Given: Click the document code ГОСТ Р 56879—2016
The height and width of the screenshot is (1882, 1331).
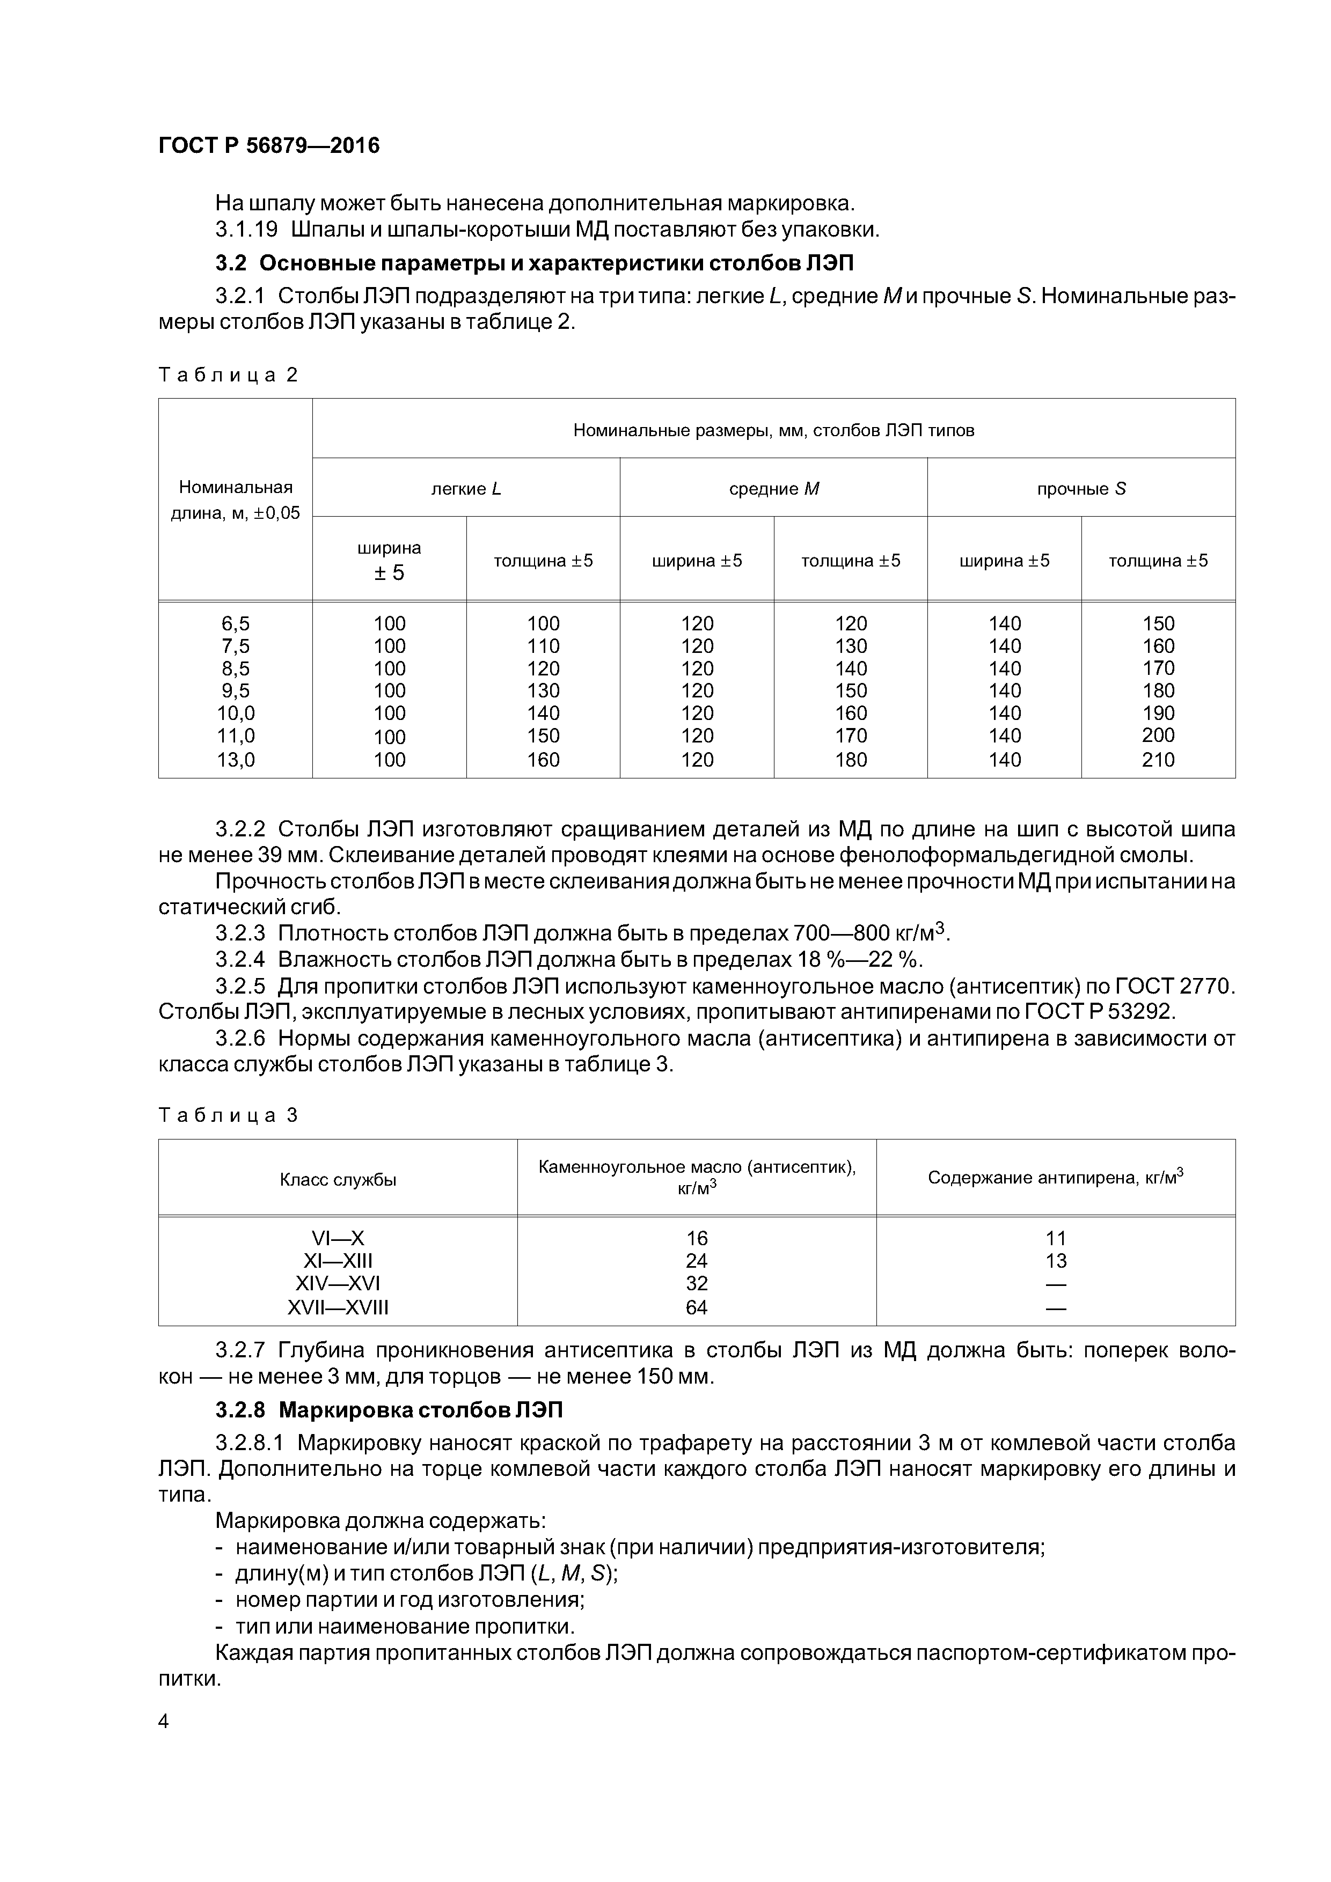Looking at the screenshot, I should click(268, 146).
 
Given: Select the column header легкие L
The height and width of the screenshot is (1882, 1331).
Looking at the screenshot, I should click(466, 489).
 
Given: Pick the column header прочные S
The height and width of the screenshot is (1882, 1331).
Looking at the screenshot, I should click(1081, 489).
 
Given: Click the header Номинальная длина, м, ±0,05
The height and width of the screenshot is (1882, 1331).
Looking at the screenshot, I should click(236, 500).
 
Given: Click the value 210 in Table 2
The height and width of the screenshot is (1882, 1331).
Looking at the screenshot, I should click(1158, 760).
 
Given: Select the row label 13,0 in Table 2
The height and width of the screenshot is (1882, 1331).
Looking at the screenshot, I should click(236, 760).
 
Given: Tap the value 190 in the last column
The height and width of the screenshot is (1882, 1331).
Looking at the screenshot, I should click(1158, 713).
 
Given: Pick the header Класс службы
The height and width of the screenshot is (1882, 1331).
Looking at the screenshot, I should click(338, 1180).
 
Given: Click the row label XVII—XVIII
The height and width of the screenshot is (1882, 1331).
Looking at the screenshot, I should click(338, 1307).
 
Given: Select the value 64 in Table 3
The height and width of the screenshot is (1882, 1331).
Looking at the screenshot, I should click(696, 1307).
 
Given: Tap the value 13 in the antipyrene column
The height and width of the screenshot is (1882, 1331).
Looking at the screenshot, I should click(1056, 1261).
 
